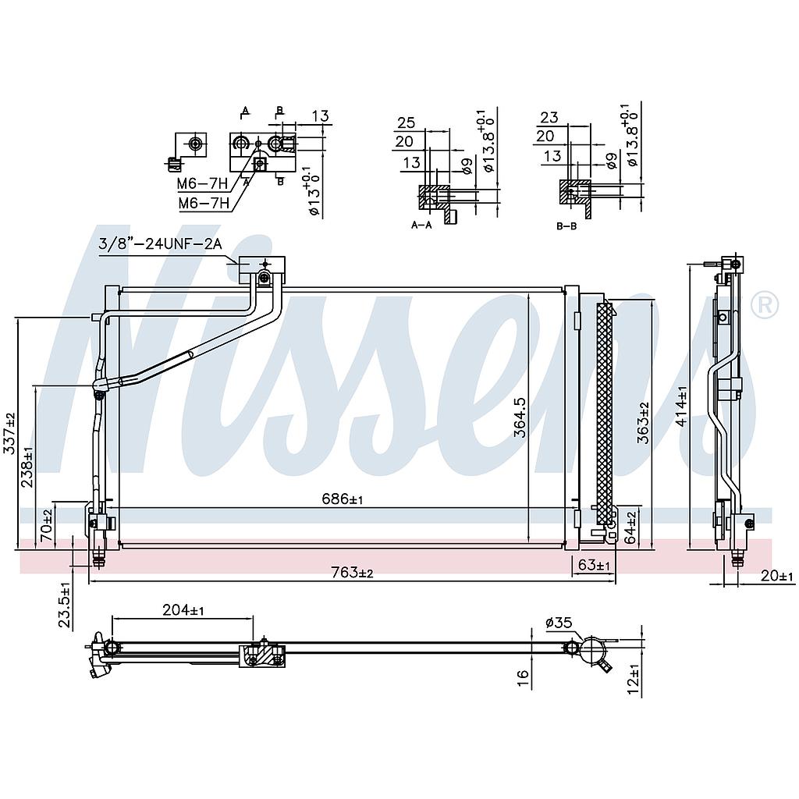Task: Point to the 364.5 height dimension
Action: point(520,417)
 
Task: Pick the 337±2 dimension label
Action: point(9,434)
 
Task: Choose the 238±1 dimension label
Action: point(27,467)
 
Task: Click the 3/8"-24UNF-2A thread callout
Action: point(160,243)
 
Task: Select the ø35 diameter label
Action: point(559,622)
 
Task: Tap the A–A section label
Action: point(421,225)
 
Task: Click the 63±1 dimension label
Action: point(595,564)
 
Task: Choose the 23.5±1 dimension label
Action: point(66,605)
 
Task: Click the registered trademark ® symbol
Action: point(764,304)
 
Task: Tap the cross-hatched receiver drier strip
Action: point(604,414)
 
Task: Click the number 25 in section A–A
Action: point(406,123)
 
